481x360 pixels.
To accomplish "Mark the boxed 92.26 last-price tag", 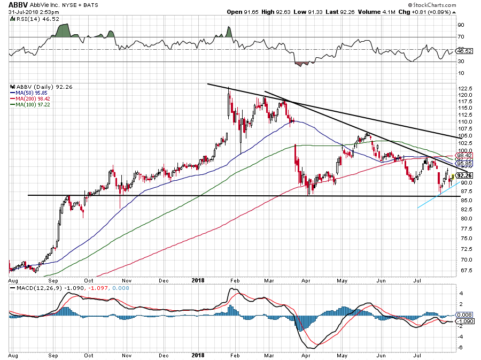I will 464,175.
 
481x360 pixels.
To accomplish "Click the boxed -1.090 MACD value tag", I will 464,321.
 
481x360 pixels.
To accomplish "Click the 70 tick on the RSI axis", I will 460,37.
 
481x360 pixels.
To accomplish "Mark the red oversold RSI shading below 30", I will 302,64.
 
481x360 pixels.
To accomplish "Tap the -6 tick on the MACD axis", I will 460,347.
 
